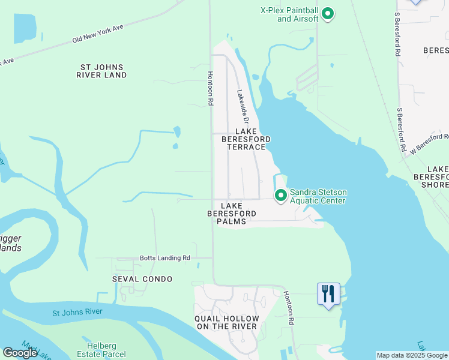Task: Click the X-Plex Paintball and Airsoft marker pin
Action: (328, 13)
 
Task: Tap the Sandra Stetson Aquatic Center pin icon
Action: (280, 195)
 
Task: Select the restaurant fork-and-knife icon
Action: (328, 294)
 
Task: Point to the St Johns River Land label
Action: (101, 71)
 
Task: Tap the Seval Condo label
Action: (142, 279)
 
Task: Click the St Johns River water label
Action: (77, 312)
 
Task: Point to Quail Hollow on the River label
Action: (227, 322)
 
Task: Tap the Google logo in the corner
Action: (20, 353)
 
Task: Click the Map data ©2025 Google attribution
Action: (412, 355)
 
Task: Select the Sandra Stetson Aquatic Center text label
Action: (318, 196)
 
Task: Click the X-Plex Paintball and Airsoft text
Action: (289, 14)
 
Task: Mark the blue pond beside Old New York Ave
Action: (23, 27)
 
